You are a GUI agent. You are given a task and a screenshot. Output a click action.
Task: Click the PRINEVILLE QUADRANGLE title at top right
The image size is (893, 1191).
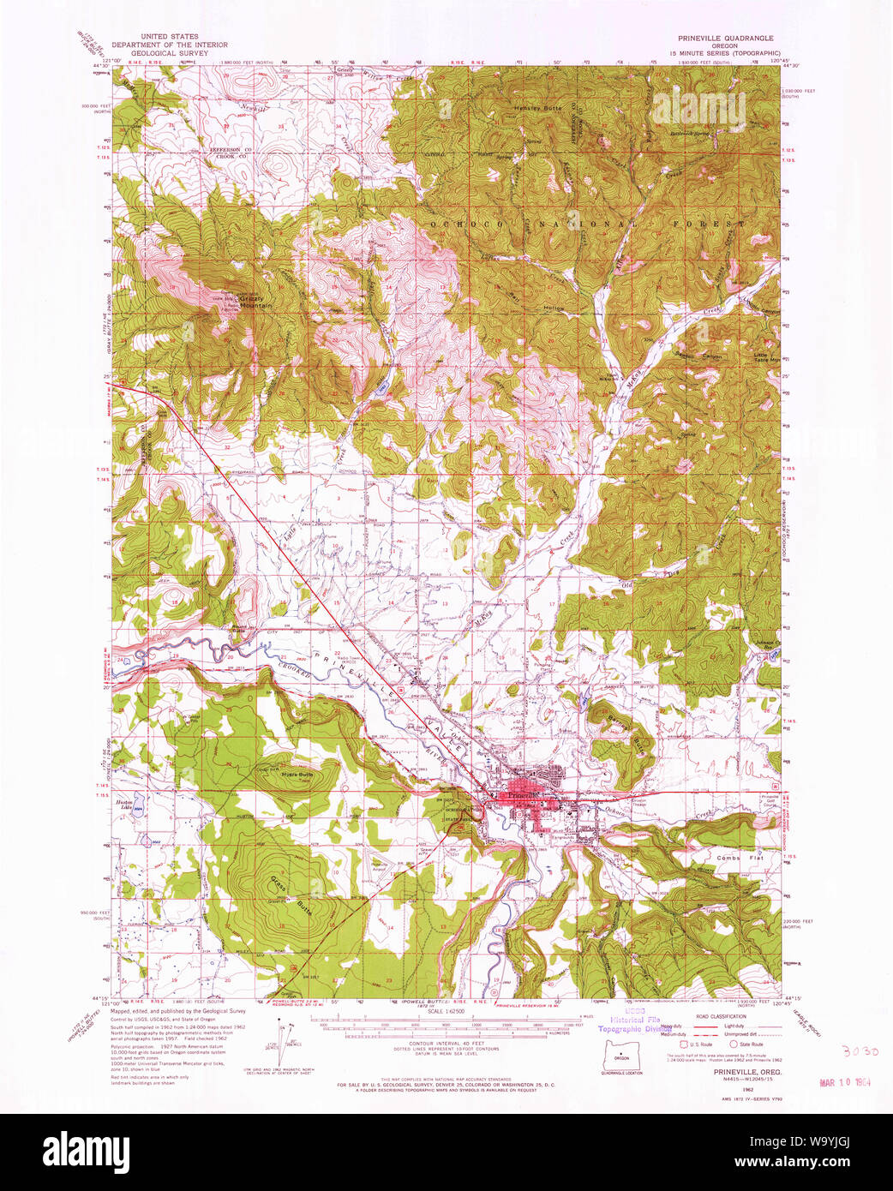(725, 39)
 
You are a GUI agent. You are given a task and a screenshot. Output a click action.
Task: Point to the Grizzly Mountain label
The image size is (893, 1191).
(255, 302)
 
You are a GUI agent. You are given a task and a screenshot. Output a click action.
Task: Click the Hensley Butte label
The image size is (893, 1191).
(538, 109)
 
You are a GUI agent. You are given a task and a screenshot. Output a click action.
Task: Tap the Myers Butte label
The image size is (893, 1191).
(297, 774)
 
